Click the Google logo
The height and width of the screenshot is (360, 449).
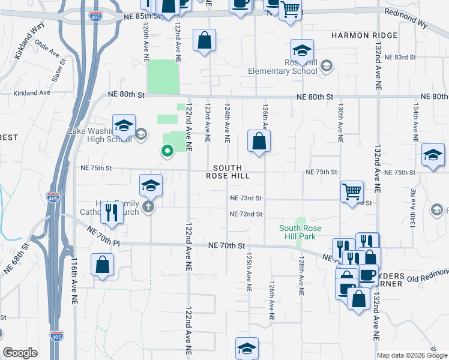20,353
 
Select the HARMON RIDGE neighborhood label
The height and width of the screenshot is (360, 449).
364,35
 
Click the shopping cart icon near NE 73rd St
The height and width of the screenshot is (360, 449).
352,192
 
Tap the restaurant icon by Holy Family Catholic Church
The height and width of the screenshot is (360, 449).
111,212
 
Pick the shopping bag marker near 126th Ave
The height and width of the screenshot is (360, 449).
259,142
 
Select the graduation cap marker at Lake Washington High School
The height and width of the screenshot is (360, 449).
124,125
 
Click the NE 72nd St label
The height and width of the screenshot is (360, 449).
246,214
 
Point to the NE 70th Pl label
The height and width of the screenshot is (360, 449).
103,235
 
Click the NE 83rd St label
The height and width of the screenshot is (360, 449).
401,57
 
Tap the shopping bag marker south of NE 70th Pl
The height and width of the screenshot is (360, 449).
103,265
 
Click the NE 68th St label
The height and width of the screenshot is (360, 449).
16,258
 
